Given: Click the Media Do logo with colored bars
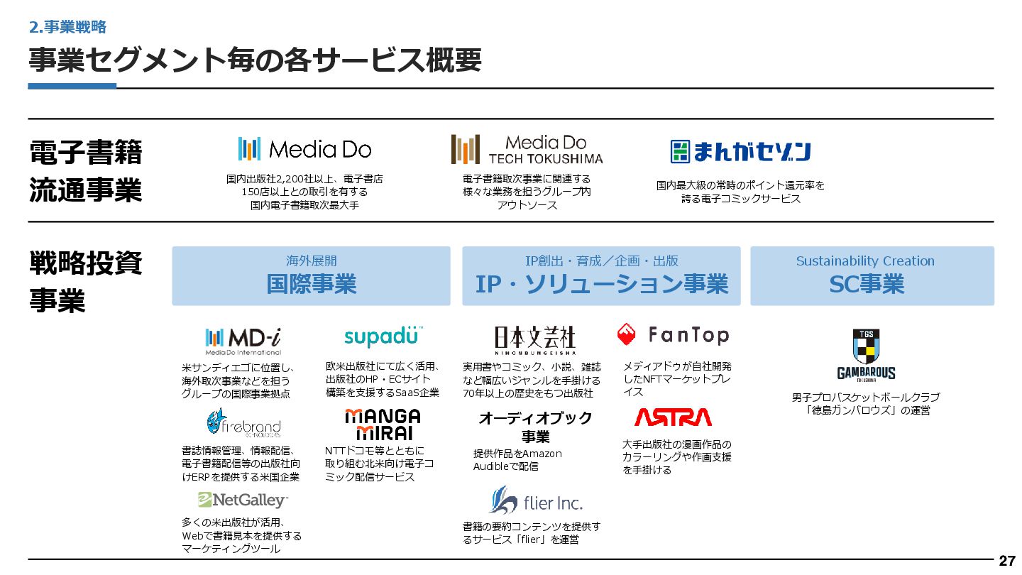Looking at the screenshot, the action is pyautogui.click(x=304, y=148).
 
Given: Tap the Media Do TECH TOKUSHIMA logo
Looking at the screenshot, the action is pyautogui.click(x=527, y=150).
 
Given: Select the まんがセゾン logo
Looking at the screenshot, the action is pyautogui.click(x=740, y=151).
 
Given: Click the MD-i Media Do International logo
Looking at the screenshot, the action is pyautogui.click(x=243, y=340).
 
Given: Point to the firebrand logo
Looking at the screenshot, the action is pyautogui.click(x=243, y=423).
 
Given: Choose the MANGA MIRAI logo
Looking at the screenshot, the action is pyautogui.click(x=383, y=424).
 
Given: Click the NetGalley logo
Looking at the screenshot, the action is pyautogui.click(x=243, y=500).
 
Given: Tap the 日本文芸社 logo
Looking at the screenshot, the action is pyautogui.click(x=534, y=339).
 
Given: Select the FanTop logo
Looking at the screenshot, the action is pyautogui.click(x=673, y=334).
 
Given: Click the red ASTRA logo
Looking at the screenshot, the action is pyautogui.click(x=673, y=417).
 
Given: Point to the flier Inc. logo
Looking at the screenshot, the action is pyautogui.click(x=535, y=501).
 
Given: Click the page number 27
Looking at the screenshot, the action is pyautogui.click(x=1006, y=561).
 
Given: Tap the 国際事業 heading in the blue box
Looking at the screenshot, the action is pyautogui.click(x=311, y=285).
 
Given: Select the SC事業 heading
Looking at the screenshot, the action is pyautogui.click(x=866, y=285).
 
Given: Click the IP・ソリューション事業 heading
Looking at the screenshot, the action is pyautogui.click(x=601, y=285).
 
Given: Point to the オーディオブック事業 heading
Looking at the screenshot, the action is pyautogui.click(x=535, y=426).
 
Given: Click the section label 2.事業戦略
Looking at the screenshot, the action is pyautogui.click(x=67, y=27).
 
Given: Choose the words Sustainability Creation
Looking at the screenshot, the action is pyautogui.click(x=865, y=261).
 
